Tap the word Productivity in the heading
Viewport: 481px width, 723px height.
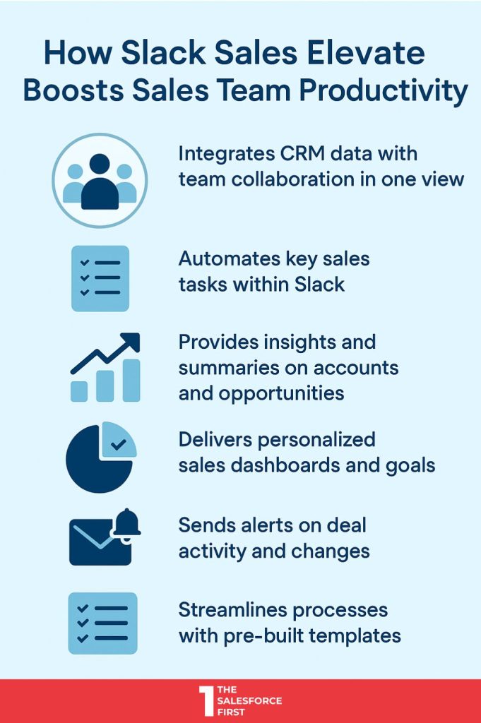(x=384, y=91)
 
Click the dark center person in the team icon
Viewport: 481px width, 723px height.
(x=100, y=182)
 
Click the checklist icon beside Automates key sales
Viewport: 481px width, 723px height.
(x=100, y=278)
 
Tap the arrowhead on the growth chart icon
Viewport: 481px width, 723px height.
(x=131, y=341)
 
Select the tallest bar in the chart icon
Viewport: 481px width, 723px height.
(x=131, y=381)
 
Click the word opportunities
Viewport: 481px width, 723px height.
(x=281, y=394)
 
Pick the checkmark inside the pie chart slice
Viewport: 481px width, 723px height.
(x=119, y=445)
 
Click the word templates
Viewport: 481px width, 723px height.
(x=355, y=636)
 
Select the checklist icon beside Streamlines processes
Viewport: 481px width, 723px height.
(x=103, y=623)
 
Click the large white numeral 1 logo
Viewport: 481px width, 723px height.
(x=207, y=701)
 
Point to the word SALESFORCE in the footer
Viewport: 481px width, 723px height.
(x=249, y=701)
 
